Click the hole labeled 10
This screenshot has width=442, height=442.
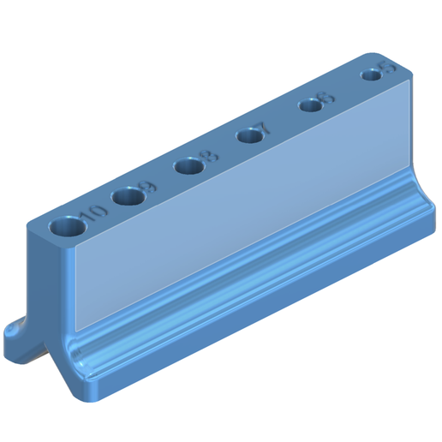(65, 228)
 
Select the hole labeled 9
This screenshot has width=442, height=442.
(127, 197)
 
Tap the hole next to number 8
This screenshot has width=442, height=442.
(188, 165)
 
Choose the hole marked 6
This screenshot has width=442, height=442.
(309, 105)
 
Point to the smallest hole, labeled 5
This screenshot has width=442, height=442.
(371, 75)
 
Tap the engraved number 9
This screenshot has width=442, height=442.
(146, 187)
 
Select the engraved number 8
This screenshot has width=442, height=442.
(207, 157)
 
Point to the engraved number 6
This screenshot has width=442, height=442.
(325, 99)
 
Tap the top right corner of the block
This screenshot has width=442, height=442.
(409, 79)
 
